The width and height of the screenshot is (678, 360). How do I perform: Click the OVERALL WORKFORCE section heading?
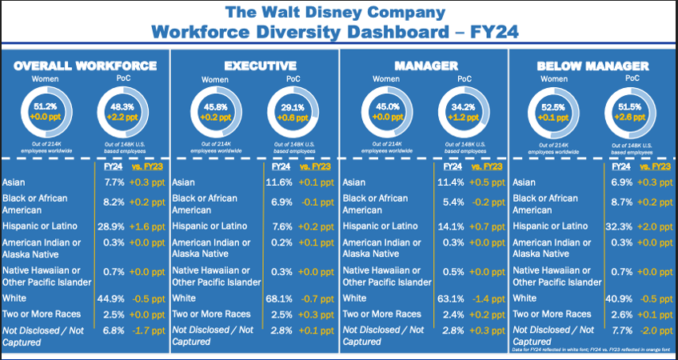[86, 66]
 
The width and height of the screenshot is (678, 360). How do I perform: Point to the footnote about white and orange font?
[591, 350]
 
